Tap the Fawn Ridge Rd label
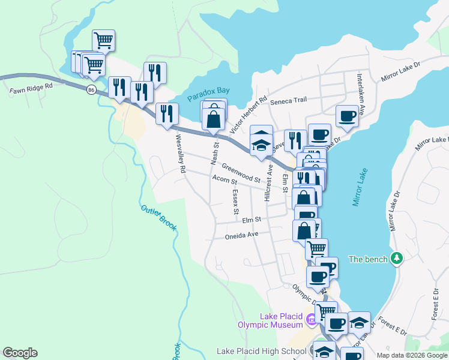pyautogui.click(x=31, y=86)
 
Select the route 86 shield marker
pyautogui.click(x=91, y=89)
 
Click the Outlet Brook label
pyautogui.click(x=159, y=217)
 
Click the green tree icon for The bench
pyautogui.click(x=396, y=259)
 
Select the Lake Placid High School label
pyautogui.click(x=262, y=351)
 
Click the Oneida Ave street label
pyautogui.click(x=241, y=235)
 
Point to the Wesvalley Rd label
pyautogui.click(x=179, y=154)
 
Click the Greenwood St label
pyautogui.click(x=240, y=173)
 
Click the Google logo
pyautogui.click(x=20, y=353)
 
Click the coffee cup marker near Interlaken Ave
pyautogui.click(x=347, y=116)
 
